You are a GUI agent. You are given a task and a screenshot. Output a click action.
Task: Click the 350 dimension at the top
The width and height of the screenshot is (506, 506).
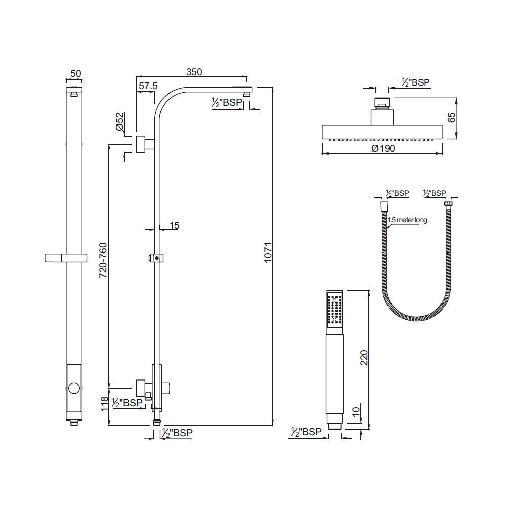(x=193, y=72)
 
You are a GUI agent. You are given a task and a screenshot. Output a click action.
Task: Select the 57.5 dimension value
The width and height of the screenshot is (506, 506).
(x=147, y=86)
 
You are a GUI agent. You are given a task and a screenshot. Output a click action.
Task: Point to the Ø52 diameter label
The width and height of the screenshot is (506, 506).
(x=120, y=122)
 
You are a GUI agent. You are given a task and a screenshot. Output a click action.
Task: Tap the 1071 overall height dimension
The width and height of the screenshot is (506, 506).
(x=268, y=251)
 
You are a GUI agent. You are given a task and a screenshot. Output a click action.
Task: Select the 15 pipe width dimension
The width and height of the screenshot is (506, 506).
(x=174, y=226)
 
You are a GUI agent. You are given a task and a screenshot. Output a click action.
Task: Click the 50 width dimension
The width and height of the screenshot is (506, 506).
(x=75, y=73)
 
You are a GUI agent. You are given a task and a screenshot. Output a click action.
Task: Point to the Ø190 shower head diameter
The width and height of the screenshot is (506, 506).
(x=383, y=148)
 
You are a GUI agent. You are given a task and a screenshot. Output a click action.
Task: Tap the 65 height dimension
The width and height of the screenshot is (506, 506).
(x=452, y=118)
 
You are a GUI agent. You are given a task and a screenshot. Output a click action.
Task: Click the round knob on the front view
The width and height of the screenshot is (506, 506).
(x=74, y=389)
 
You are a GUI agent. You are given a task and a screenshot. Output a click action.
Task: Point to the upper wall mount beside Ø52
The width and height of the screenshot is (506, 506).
(x=142, y=144)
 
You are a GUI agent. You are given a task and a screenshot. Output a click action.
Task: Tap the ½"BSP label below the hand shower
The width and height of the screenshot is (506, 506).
(x=307, y=432)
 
